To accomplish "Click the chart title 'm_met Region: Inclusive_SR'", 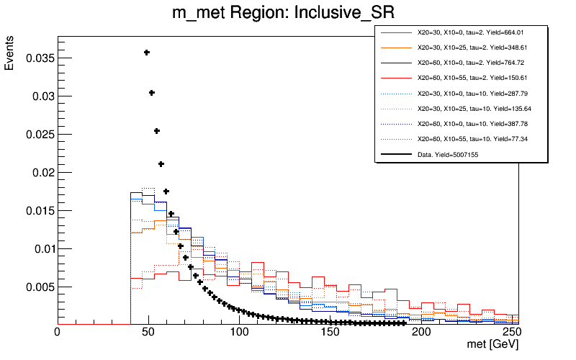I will pyautogui.click(x=288, y=13).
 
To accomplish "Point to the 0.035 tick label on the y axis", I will pyautogui.click(x=38, y=58).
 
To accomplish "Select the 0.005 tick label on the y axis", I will pyautogui.click(x=38, y=287).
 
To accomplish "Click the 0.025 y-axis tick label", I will pyautogui.click(x=38, y=135).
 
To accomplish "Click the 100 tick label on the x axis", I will pyautogui.click(x=240, y=333).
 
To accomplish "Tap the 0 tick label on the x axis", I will pyautogui.click(x=58, y=333).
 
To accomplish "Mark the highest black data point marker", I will pyautogui.click(x=147, y=52).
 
